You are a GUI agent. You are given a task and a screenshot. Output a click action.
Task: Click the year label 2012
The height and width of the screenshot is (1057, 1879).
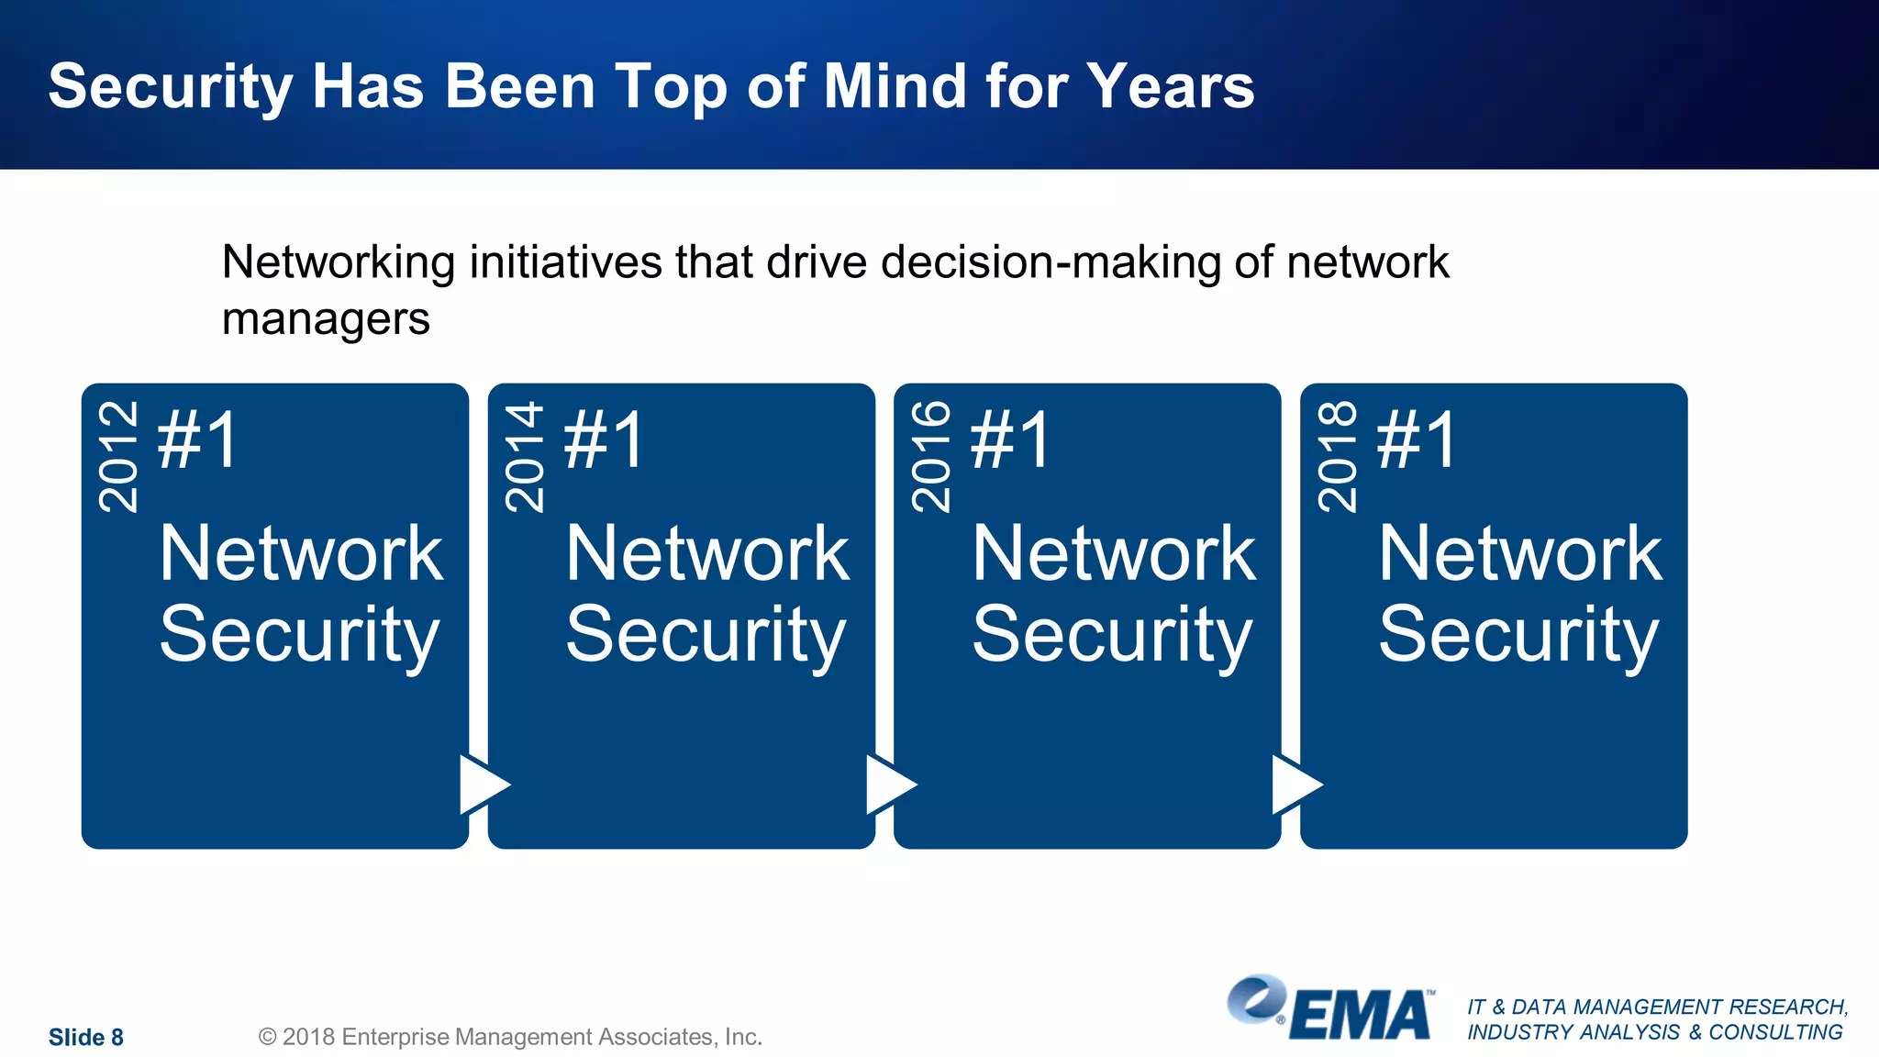118,456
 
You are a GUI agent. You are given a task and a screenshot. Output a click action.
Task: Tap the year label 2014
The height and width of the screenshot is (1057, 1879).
525,456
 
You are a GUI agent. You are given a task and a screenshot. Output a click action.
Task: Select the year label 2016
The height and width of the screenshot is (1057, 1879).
931,456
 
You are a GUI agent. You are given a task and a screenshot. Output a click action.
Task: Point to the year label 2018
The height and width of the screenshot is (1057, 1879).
1337,456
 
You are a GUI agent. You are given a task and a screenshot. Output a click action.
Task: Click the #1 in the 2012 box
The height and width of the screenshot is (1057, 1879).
198,440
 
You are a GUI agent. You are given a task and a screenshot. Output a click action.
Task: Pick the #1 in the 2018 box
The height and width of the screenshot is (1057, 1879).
1417,440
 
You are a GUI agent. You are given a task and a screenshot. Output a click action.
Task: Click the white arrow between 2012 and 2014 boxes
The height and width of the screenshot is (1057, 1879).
482,784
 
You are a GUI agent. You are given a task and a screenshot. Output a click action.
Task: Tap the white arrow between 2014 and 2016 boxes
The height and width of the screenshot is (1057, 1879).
888,784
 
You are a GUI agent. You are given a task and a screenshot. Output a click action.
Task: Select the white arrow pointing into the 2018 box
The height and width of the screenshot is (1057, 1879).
1295,784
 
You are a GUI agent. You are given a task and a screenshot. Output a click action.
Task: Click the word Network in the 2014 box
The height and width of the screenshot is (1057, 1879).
707,553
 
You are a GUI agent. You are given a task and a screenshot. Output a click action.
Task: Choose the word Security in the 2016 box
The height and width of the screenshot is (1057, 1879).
1112,635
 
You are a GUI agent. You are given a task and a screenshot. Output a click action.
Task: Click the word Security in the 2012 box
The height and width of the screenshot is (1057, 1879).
299,635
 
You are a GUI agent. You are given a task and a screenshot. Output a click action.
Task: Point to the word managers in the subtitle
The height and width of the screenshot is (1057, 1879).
326,319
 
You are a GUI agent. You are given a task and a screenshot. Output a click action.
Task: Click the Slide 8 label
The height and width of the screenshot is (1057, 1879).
85,1037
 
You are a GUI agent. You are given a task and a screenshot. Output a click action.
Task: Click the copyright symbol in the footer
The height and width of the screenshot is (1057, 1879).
267,1037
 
